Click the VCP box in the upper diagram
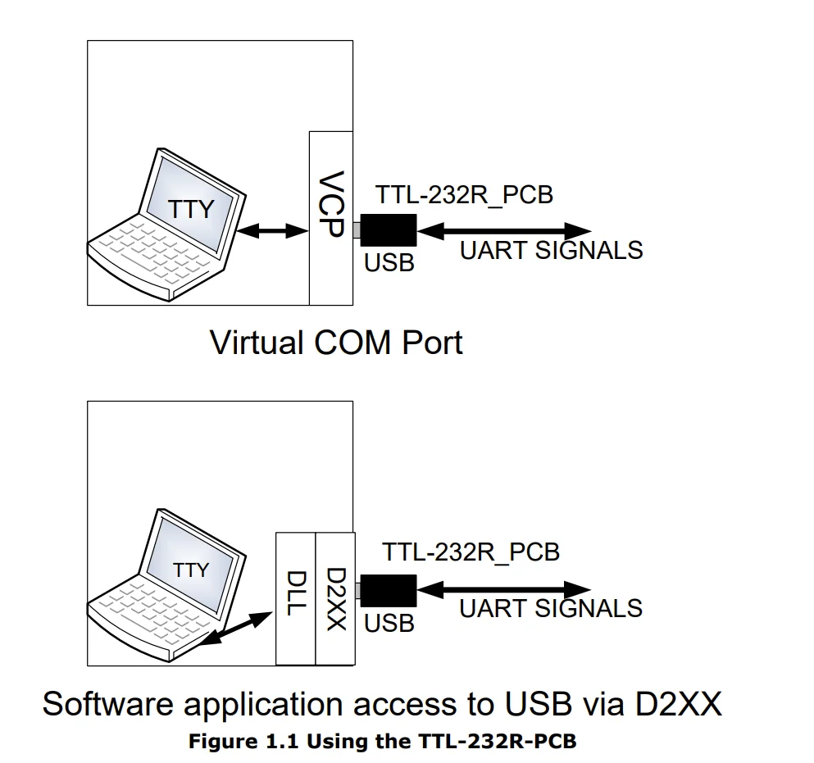coord(331,218)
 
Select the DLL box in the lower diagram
coord(295,598)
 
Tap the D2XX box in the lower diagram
coord(334,598)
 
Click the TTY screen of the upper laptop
coord(190,207)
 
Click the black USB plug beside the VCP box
coord(388,230)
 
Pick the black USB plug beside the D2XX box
coord(388,590)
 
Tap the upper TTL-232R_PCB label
coord(464,195)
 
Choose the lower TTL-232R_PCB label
coord(471,552)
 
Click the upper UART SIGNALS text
coord(551,251)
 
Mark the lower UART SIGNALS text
coord(550,609)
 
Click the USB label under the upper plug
coord(389,264)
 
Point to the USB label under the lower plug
coord(389,623)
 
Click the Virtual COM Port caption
coord(336,342)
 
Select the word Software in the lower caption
coord(118,704)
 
